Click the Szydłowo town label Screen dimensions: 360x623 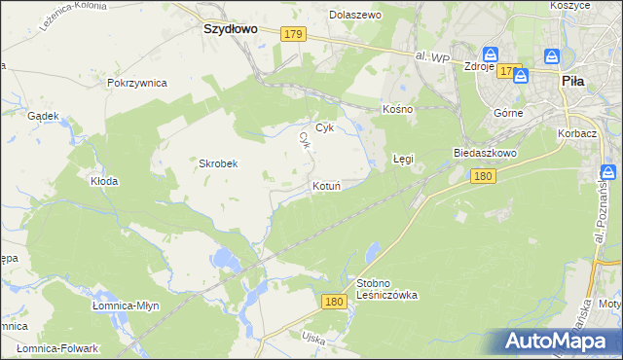[229, 29]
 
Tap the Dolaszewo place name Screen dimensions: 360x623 [355, 16]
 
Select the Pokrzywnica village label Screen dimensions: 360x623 [137, 84]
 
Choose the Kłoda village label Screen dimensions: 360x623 [104, 181]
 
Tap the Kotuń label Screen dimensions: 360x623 [325, 185]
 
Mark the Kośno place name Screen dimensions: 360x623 [398, 109]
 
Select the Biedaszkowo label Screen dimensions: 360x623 [484, 154]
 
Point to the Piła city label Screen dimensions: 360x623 [573, 83]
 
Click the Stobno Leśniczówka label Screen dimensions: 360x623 [386, 288]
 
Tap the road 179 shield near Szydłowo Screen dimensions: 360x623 [294, 35]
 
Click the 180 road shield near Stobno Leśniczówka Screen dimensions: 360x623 [334, 303]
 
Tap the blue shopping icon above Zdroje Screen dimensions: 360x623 [492, 54]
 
